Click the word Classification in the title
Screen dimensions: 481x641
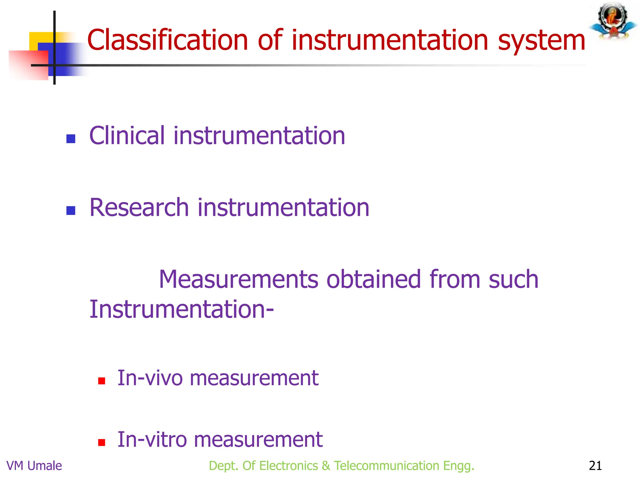[x=167, y=40]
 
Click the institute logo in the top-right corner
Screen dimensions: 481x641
[x=613, y=21]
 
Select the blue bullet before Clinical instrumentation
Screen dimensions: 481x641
[x=71, y=139]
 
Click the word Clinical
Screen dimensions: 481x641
[x=127, y=136]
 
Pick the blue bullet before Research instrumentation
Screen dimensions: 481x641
[x=71, y=210]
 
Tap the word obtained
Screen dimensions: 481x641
[x=373, y=279]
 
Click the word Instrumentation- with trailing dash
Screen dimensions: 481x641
[x=182, y=309]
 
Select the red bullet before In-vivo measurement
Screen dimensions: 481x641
[x=101, y=381]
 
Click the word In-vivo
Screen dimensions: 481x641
[x=150, y=378]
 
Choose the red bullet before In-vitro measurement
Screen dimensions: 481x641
[x=101, y=442]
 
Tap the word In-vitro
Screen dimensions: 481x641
[x=152, y=439]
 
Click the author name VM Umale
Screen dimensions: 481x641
[x=34, y=466]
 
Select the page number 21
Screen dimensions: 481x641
[x=595, y=466]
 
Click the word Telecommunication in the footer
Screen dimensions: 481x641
[x=387, y=466]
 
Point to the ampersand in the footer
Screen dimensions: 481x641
[x=326, y=466]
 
